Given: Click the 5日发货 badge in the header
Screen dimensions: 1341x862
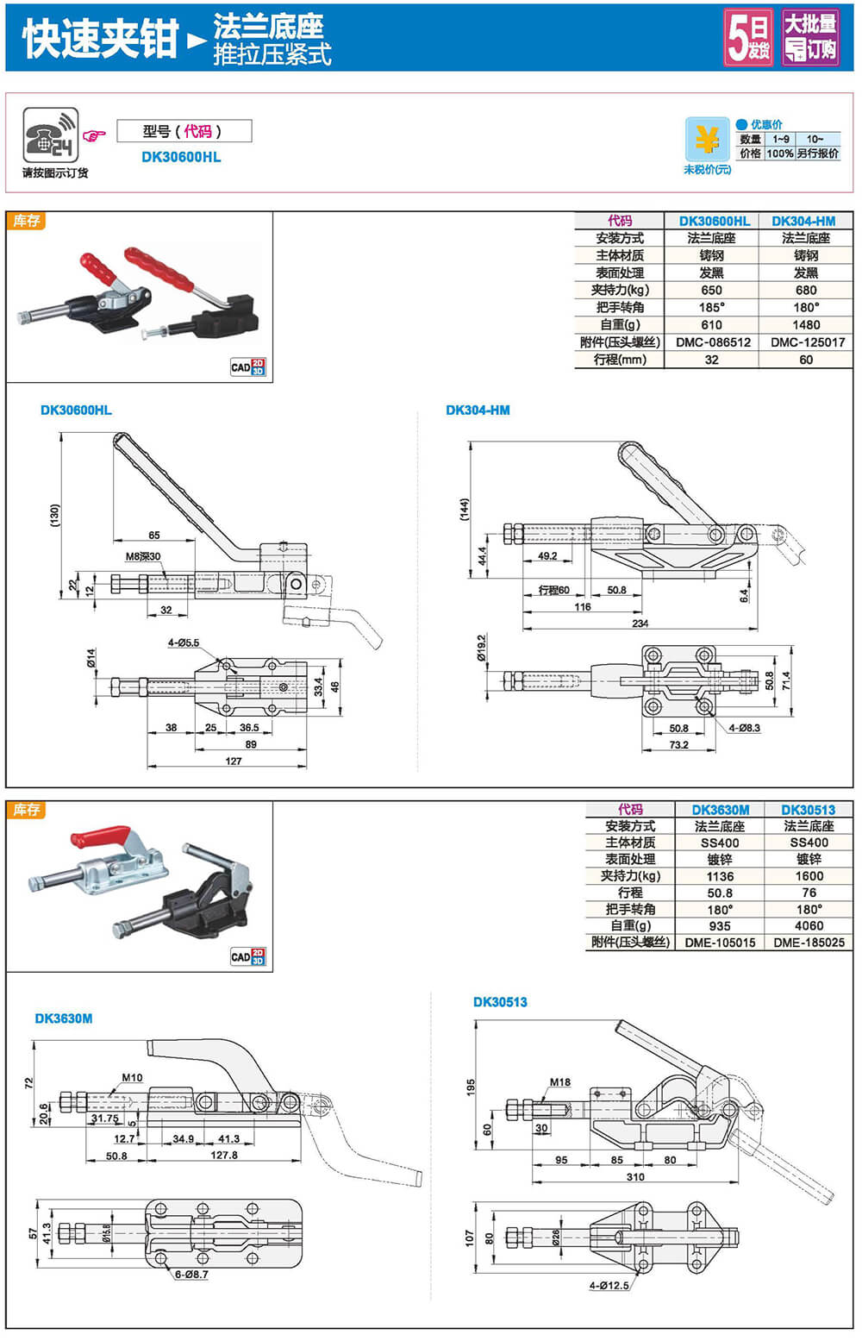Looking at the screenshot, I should click(748, 37).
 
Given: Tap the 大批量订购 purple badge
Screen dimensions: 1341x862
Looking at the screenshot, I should click(810, 37).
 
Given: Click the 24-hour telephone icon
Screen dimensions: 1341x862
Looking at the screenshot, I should click(50, 135).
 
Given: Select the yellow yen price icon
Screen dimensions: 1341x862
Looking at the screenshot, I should click(707, 139).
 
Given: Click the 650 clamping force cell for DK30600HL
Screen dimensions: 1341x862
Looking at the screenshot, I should click(711, 291).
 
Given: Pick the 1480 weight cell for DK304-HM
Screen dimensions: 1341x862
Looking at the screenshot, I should click(806, 325).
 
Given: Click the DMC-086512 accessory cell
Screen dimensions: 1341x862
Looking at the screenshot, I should click(712, 342).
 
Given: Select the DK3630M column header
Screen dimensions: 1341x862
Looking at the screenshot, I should click(720, 810).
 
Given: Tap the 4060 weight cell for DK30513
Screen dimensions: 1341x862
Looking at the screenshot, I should click(809, 926).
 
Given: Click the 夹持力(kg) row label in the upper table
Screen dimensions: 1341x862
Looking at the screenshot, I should click(620, 291).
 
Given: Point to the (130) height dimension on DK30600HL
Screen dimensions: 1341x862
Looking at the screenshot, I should click(55, 516).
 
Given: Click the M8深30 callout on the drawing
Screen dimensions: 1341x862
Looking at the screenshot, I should click(143, 556).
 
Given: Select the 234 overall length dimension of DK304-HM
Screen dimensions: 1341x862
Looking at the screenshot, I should click(640, 624).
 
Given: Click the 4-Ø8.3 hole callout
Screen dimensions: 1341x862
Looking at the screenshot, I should click(744, 728).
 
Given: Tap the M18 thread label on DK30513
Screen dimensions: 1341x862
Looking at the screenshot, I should click(560, 1082).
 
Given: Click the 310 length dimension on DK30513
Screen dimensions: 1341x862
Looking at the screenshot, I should click(635, 1176).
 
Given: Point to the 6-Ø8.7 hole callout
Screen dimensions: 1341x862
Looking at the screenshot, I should click(191, 1275).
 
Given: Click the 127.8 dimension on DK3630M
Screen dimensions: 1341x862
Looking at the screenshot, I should click(224, 1156).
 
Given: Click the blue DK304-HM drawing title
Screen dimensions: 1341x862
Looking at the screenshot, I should click(478, 410).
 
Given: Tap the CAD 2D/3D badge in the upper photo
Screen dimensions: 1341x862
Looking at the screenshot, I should click(247, 367).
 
